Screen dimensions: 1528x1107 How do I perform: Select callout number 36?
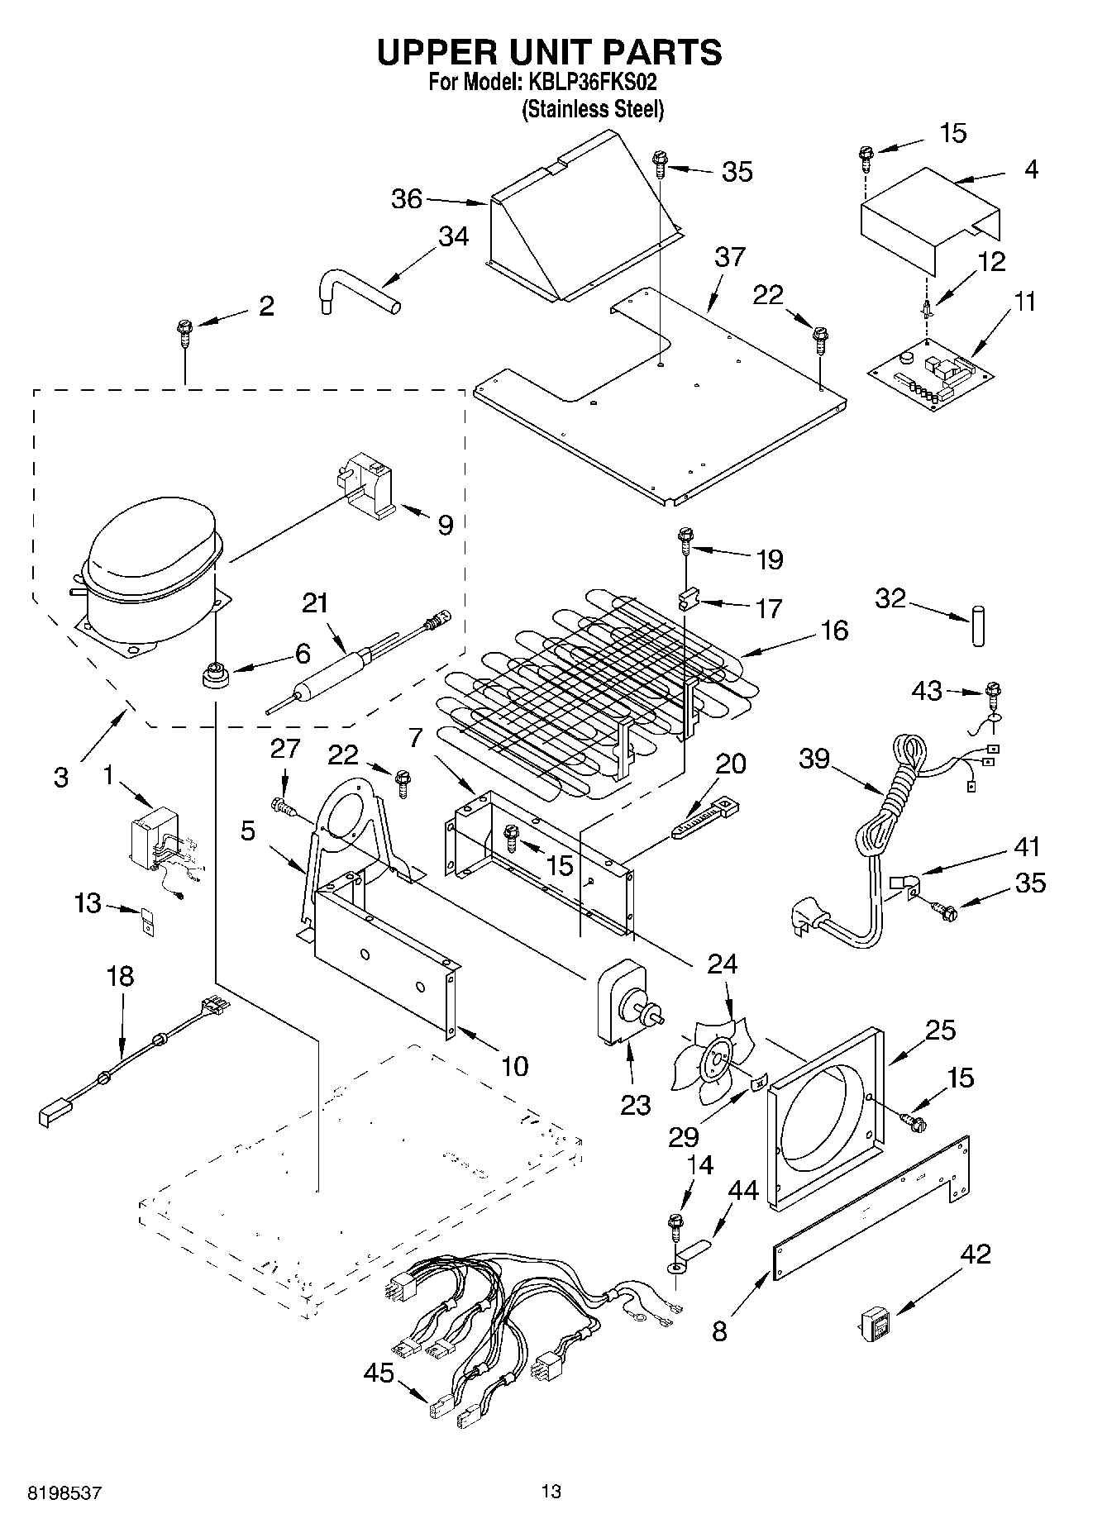[x=407, y=199]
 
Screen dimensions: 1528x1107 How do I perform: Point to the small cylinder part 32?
[x=979, y=626]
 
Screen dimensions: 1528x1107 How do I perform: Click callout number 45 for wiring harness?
[x=379, y=1373]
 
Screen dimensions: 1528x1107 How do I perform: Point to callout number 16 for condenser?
[x=835, y=631]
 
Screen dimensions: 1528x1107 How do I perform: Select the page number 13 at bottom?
[x=551, y=1492]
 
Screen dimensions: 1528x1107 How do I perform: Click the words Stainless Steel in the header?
[x=592, y=110]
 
